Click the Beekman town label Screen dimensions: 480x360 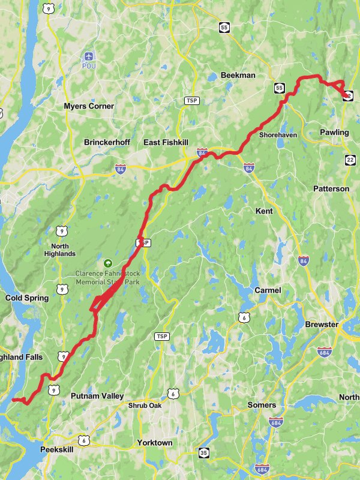[238, 75]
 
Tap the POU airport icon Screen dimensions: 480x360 [89, 56]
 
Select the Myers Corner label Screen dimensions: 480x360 [89, 106]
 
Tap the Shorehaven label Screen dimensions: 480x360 [278, 135]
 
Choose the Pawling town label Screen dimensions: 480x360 [334, 132]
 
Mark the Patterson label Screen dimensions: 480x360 [331, 188]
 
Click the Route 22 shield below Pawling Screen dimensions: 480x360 [350, 159]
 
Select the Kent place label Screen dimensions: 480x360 [264, 211]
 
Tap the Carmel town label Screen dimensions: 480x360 [268, 290]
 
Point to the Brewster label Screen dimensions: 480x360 [322, 325]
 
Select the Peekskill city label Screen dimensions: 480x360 [56, 449]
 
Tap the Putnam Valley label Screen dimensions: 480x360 [97, 396]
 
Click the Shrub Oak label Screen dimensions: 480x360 [145, 406]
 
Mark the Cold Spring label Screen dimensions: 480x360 [27, 298]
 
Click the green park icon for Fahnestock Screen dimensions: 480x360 [107, 263]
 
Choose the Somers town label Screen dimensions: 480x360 [262, 405]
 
